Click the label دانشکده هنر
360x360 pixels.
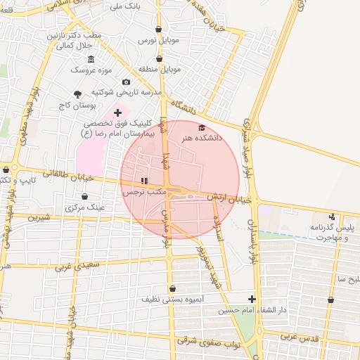pyautogui.click(x=202, y=139)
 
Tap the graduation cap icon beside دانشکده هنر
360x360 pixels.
pyautogui.click(x=202, y=127)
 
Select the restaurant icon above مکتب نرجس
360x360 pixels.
pyautogui.click(x=145, y=181)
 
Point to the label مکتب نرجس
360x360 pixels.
pyautogui.click(x=144, y=191)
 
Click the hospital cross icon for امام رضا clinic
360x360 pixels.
pyautogui.click(x=117, y=112)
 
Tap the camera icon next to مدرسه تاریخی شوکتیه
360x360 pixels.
pyautogui.click(x=127, y=82)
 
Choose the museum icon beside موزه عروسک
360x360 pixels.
pyautogui.click(x=91, y=58)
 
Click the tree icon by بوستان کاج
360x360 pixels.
pyautogui.click(x=77, y=94)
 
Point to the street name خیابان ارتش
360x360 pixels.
pyautogui.click(x=224, y=199)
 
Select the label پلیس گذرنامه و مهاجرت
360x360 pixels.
pyautogui.click(x=330, y=233)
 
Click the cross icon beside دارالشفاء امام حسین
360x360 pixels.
pyautogui.click(x=252, y=299)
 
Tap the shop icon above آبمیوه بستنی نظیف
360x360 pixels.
pyautogui.click(x=172, y=288)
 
